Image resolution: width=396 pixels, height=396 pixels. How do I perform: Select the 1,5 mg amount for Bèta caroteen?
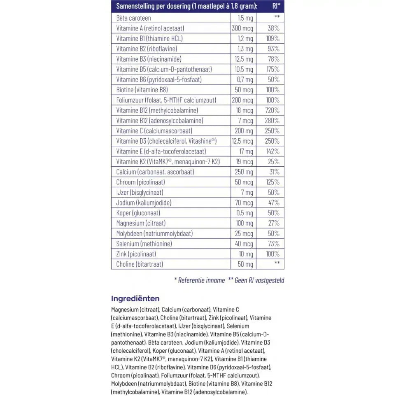(245, 18)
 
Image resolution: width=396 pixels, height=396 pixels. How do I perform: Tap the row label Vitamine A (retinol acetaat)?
(150, 28)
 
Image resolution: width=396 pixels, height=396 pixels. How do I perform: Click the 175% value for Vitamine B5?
(272, 70)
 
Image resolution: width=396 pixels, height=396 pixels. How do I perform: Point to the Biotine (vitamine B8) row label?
(142, 90)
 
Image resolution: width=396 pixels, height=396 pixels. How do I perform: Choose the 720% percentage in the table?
(272, 110)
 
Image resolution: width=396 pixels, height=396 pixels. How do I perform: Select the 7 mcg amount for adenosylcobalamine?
(246, 121)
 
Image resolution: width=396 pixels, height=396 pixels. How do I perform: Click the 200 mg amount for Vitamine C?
(244, 131)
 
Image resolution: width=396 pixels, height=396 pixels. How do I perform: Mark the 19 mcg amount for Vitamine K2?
(245, 162)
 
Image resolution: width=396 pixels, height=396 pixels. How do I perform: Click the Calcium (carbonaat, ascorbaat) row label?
(155, 172)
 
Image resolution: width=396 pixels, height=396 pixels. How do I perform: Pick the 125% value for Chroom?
(272, 182)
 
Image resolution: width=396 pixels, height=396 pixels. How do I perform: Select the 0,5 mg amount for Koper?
(245, 213)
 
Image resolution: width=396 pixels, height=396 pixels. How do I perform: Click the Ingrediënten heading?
(135, 299)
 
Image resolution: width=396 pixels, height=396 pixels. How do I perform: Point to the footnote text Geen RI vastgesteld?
(259, 280)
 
